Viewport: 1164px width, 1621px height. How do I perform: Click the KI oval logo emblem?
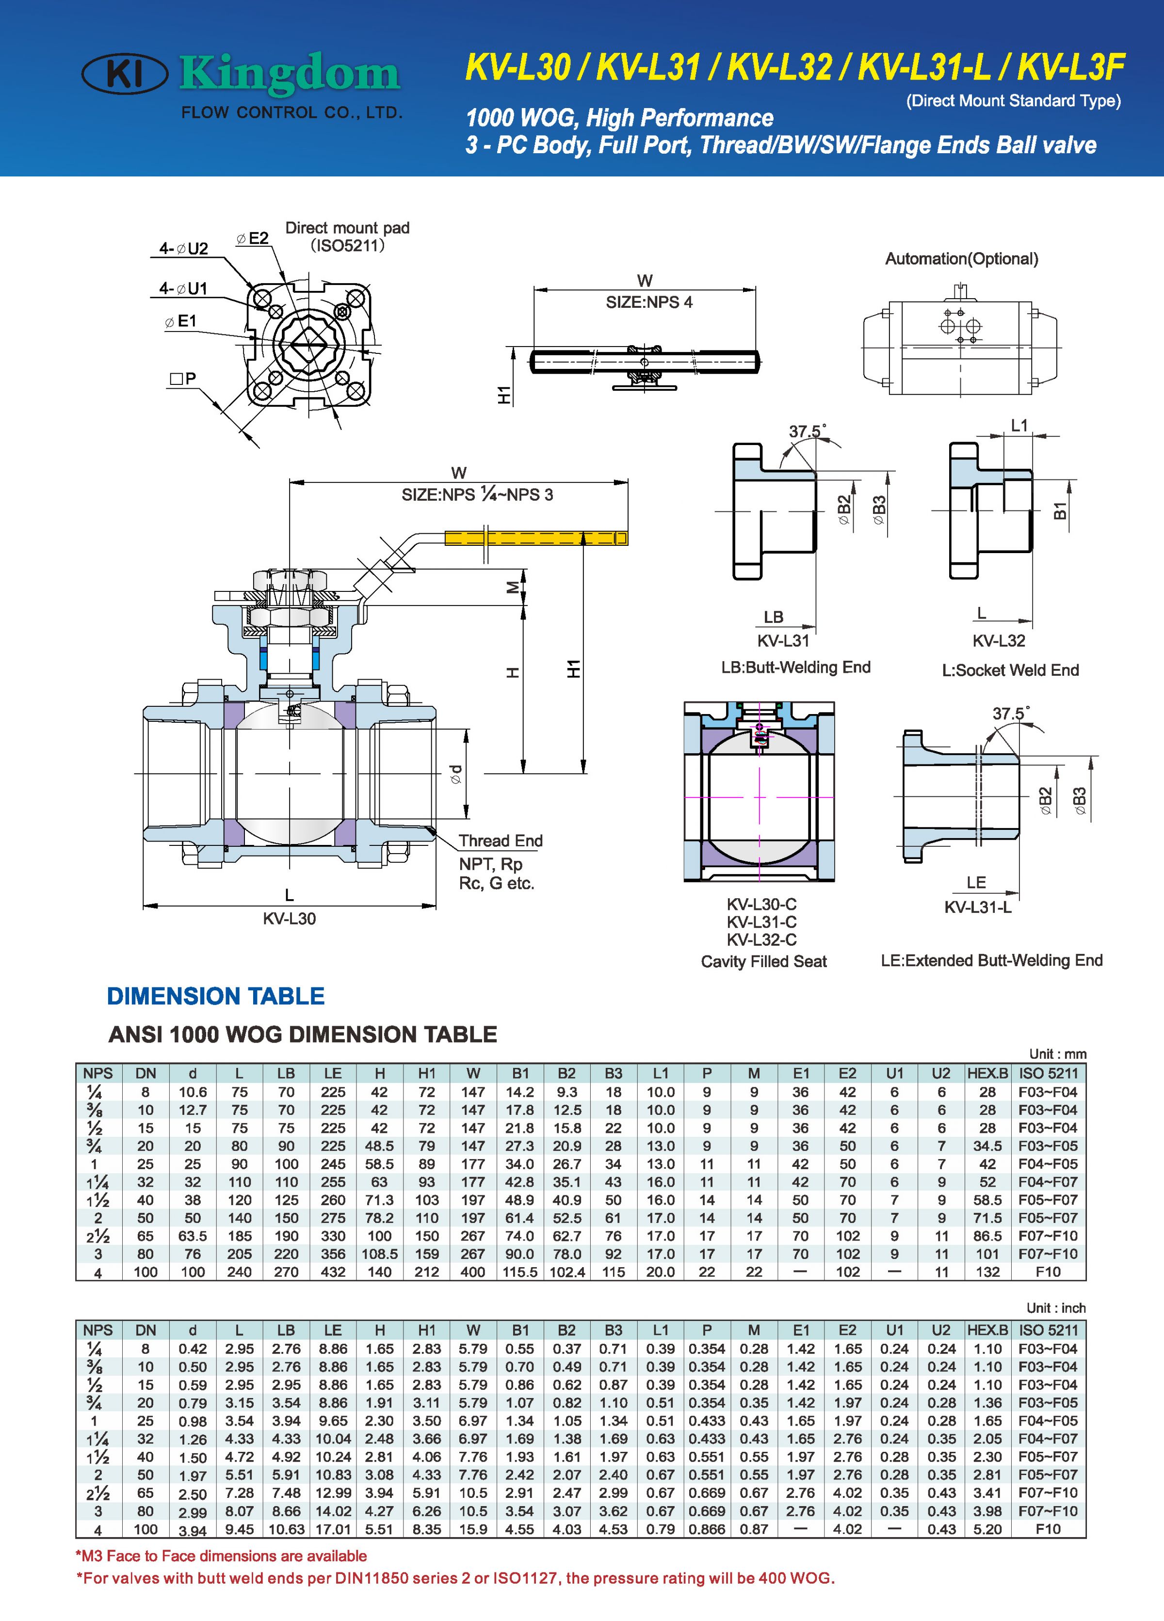pyautogui.click(x=125, y=74)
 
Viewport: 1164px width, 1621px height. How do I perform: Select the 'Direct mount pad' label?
pyautogui.click(x=347, y=228)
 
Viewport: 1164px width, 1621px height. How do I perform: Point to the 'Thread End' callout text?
pyautogui.click(x=501, y=841)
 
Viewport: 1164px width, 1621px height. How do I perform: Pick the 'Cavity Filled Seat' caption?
pyautogui.click(x=763, y=961)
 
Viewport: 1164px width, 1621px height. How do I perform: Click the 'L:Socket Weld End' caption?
pyautogui.click(x=1010, y=670)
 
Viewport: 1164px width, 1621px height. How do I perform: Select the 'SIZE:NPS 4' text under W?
pyautogui.click(x=648, y=302)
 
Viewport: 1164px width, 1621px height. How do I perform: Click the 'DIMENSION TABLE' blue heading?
pyautogui.click(x=215, y=996)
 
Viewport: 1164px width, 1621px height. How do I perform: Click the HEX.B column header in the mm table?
pyautogui.click(x=986, y=1073)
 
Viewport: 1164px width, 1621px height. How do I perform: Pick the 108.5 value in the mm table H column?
pyautogui.click(x=380, y=1254)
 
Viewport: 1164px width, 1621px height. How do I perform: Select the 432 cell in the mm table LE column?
pyautogui.click(x=333, y=1271)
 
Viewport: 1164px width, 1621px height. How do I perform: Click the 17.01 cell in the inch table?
pyautogui.click(x=333, y=1529)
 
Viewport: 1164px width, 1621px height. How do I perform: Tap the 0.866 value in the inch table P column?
pyautogui.click(x=707, y=1529)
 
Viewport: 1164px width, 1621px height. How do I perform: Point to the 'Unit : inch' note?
pyautogui.click(x=1055, y=1308)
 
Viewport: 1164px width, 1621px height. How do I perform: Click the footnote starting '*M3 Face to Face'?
pyautogui.click(x=222, y=1556)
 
